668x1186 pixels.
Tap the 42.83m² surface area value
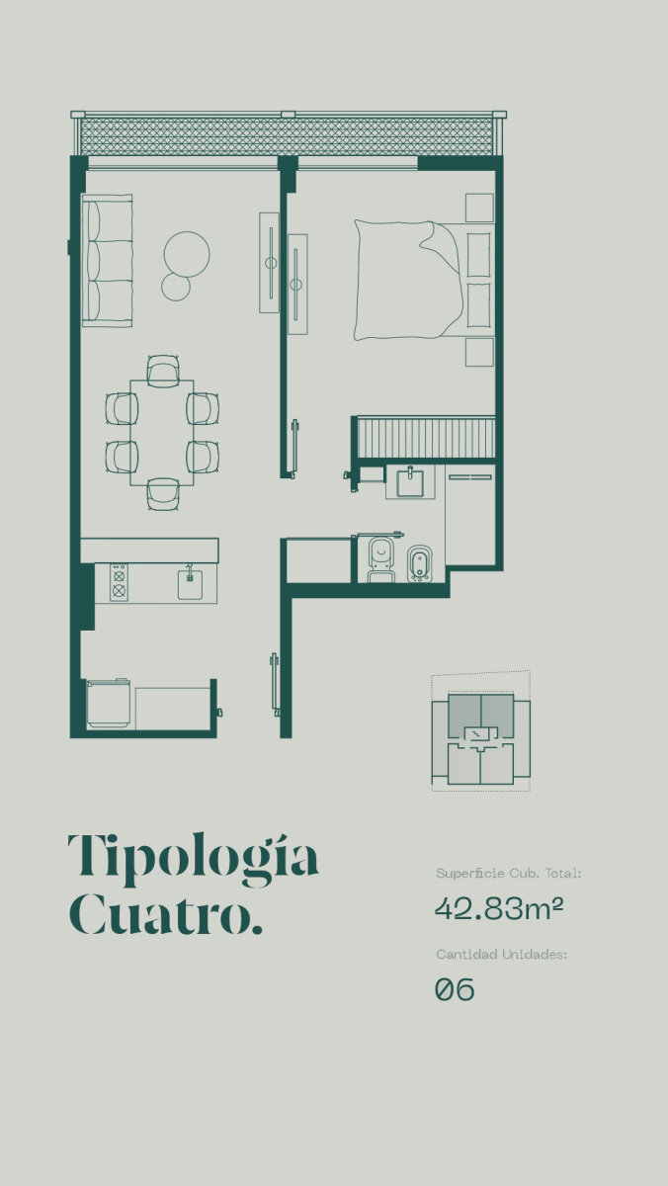499,909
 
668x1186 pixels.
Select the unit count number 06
455,989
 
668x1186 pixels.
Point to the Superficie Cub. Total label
509,873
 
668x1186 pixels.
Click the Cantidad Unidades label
502,954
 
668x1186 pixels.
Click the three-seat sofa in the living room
107,260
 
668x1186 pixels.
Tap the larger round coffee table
187,255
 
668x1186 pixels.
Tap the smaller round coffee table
176,287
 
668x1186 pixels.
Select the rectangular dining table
162,433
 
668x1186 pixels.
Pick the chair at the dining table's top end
164,369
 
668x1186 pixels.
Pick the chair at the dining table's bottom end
164,494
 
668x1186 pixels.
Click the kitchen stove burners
120,582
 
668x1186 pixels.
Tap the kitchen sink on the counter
190,581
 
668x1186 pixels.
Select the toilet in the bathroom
381,558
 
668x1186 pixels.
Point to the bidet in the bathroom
420,564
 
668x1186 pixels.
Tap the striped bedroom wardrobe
426,437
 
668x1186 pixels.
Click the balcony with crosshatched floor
289,135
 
